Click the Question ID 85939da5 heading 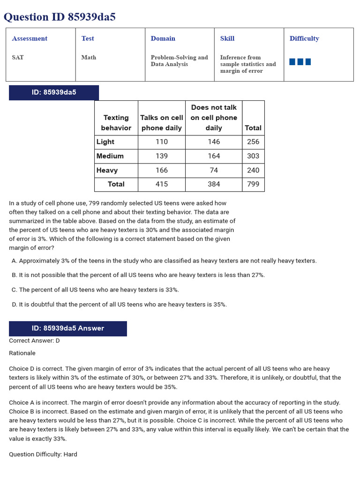click(60, 17)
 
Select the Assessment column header click(30, 38)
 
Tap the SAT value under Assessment click(18, 57)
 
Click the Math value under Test click(89, 57)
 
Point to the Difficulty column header click(304, 38)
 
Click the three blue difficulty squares click(300, 62)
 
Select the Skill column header click(227, 38)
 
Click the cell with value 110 click(162, 142)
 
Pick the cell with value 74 click(214, 170)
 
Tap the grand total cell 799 click(253, 184)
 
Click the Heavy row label click(107, 170)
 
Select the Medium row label click(110, 156)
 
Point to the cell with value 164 click(214, 156)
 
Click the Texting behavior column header click(116, 123)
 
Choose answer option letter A click(14, 261)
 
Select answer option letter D click(14, 304)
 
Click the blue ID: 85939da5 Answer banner click(68, 328)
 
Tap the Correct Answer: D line click(34, 340)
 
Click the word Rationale click(22, 353)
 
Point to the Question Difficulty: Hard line click(43, 454)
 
